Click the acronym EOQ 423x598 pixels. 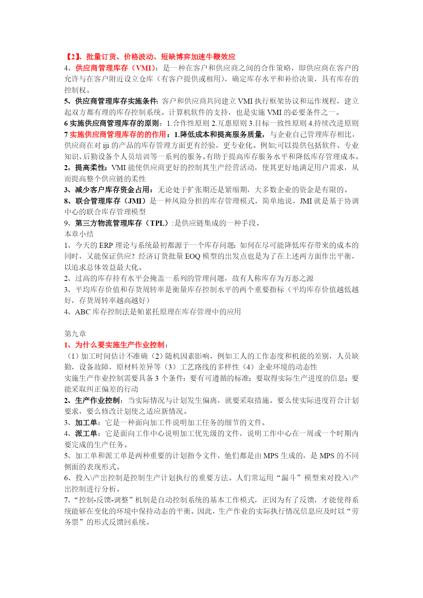[x=193, y=256]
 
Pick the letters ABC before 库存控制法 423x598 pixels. [x=83, y=312]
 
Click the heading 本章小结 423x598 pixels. [x=79, y=234]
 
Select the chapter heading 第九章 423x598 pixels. [x=75, y=334]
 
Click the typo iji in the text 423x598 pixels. [x=106, y=146]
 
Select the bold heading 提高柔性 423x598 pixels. [x=90, y=167]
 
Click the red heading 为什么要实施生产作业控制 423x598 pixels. [x=120, y=345]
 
